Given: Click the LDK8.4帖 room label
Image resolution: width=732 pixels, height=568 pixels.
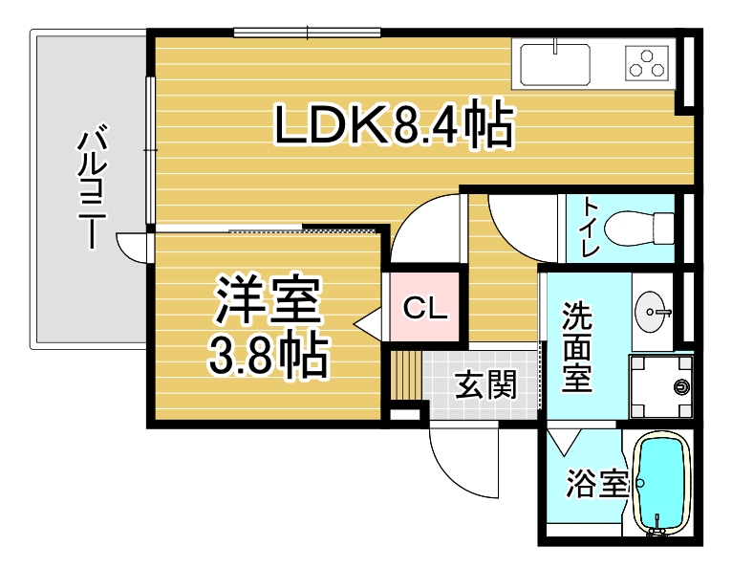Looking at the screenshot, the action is point(395,122).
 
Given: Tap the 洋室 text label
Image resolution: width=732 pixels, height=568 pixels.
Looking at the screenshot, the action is point(268,300).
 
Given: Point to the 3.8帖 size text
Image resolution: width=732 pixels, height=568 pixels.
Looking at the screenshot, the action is point(269,355).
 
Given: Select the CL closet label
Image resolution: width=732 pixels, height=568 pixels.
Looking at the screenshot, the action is point(425,308).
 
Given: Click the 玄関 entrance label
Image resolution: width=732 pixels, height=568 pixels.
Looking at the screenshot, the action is point(486,384).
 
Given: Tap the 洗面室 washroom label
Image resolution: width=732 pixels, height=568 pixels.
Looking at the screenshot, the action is point(577,347).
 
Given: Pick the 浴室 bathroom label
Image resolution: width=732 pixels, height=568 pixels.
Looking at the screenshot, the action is point(597,483).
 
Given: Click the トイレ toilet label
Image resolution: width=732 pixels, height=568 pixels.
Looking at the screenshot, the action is point(591,228).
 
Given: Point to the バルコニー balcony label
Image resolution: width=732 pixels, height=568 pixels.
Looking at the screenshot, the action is point(92,186).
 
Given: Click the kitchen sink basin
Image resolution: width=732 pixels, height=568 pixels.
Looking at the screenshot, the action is point(554,64).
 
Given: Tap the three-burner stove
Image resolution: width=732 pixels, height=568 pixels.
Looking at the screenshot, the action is point(647,63).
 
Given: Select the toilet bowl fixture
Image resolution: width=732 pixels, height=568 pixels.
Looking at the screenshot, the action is point(639,229).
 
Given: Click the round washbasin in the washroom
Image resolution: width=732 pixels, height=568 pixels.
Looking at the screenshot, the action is point(651,312).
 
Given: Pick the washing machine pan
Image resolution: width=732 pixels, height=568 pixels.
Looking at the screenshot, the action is point(660,386).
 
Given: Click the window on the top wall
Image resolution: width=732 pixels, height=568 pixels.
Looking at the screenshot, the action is point(307,33).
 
